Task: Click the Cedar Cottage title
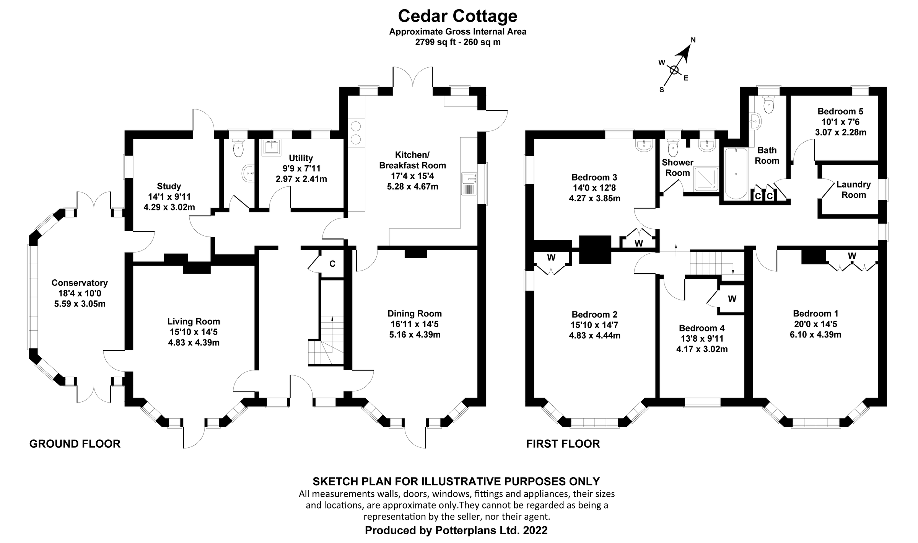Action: (x=457, y=16)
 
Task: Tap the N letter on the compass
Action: (x=693, y=40)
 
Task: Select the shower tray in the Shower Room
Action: (x=706, y=179)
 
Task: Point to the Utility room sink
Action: (x=272, y=147)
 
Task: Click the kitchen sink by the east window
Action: (x=469, y=184)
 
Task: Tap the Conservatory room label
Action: (x=80, y=283)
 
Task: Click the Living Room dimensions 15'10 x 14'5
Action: (x=194, y=332)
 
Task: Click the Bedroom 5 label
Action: (x=840, y=111)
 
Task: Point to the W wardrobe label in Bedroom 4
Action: (x=732, y=299)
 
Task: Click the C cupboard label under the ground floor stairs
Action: (x=332, y=264)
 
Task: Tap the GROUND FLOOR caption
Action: (x=75, y=444)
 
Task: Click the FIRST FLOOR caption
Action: (x=563, y=444)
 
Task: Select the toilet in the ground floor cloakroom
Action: (x=239, y=148)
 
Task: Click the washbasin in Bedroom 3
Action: (x=644, y=145)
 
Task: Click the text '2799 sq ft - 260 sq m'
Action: (x=457, y=42)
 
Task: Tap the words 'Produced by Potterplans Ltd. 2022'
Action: (x=456, y=530)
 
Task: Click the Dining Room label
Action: (x=415, y=314)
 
